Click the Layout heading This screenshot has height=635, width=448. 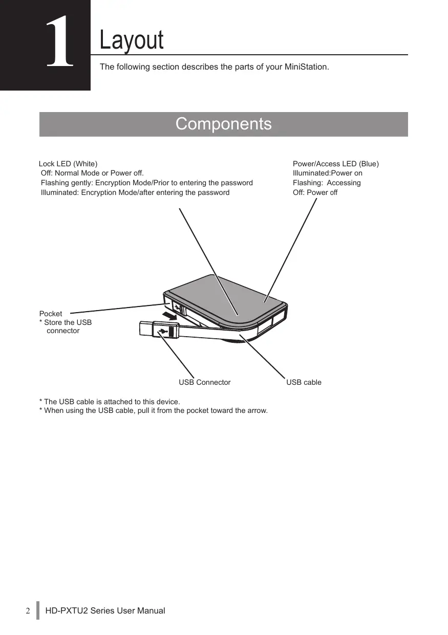coord(132,40)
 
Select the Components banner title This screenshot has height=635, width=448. coord(223,124)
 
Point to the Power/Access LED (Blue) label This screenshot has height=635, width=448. coord(335,164)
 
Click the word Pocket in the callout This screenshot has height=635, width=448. coord(51,313)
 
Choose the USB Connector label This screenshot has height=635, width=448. coord(204,382)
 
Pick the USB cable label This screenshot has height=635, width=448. coord(304,382)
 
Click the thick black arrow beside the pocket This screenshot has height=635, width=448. coord(169,314)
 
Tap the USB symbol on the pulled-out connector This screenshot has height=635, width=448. coord(163,331)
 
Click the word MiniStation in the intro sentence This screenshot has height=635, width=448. coord(306,67)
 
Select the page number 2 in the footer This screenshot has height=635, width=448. coord(29,610)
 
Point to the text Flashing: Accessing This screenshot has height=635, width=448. coord(326,183)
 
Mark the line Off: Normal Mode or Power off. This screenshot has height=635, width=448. coord(92,173)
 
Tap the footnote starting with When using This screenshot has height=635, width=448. coord(154,410)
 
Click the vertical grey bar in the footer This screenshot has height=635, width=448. coord(37,610)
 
